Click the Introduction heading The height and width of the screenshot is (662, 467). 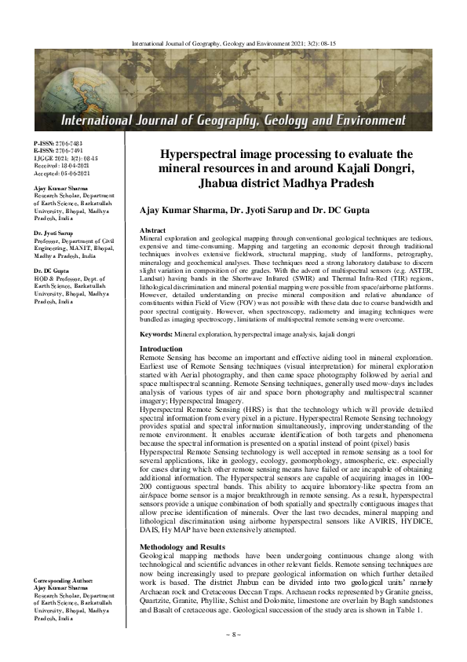pyautogui.click(x=161, y=348)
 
